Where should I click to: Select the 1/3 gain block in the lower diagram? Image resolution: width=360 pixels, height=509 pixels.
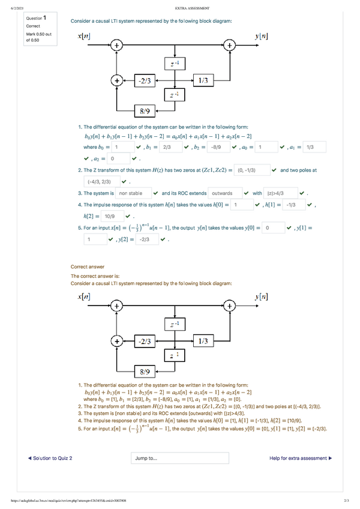203,341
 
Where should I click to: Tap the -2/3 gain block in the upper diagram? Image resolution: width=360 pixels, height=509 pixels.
145,79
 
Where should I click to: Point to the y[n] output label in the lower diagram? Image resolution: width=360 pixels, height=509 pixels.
262,297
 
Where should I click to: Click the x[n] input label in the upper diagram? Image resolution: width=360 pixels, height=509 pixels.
85,37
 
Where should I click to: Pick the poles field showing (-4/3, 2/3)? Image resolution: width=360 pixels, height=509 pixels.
100,182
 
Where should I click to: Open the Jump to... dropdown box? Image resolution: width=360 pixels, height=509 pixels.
179,459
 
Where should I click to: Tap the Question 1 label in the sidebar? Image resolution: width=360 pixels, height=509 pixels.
36,18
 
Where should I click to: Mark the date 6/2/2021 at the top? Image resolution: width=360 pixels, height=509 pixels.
12,8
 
